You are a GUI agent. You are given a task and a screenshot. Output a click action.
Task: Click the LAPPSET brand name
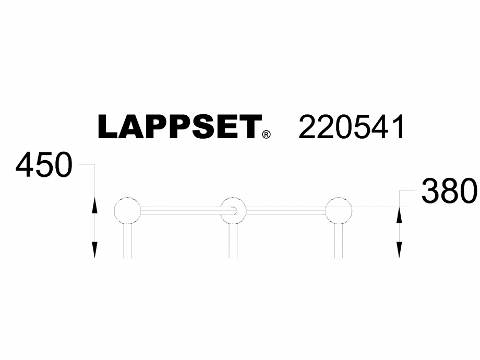179,127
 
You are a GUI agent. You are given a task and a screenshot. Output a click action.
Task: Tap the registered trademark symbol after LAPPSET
267,135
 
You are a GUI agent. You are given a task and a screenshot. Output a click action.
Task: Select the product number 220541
351,127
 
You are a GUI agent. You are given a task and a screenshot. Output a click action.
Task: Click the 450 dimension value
44,166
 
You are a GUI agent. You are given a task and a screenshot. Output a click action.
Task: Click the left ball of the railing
127,211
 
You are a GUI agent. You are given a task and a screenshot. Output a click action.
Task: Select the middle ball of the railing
233,211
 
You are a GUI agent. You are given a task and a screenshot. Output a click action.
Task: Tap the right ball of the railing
339,211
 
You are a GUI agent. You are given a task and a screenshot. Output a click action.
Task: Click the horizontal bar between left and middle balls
180,211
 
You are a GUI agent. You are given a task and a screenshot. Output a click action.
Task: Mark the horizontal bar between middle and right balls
286,211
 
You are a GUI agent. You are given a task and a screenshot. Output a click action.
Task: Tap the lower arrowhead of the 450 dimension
94,252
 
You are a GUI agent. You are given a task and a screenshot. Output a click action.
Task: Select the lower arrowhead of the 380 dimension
399,252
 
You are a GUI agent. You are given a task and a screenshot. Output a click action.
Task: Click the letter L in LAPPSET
109,127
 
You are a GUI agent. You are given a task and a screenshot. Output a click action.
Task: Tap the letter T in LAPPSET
250,127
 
